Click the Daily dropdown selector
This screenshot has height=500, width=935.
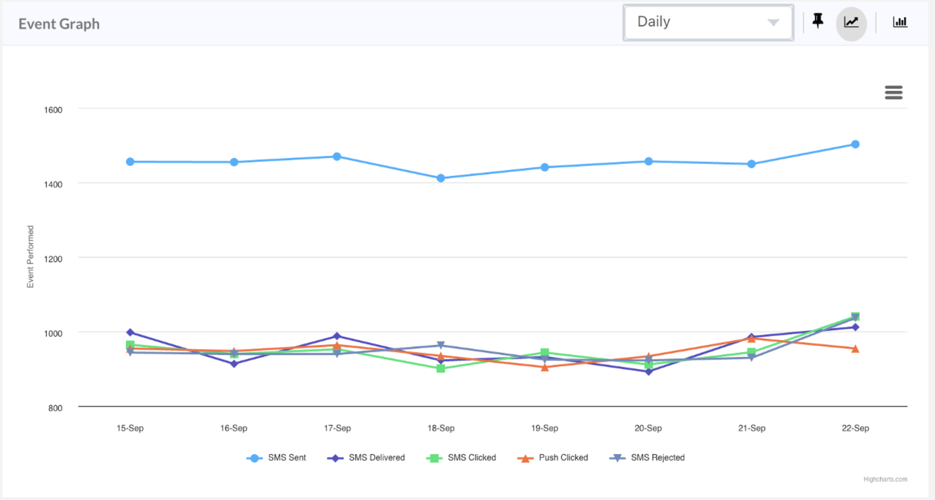708,22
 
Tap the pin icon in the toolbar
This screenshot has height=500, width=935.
818,21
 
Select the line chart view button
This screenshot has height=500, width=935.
851,23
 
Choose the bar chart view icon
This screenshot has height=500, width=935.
900,22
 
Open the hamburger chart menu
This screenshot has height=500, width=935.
893,92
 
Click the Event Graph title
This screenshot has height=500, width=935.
59,24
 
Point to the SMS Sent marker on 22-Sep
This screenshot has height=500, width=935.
855,144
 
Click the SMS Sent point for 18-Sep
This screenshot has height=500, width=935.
441,178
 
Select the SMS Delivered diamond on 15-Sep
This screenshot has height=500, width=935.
130,333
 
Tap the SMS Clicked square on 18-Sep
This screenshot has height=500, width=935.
441,368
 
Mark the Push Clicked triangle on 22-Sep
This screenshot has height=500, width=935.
855,349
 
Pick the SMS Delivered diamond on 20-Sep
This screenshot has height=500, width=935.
649,371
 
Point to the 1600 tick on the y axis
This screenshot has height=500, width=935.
53,110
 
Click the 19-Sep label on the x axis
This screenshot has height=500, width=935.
545,428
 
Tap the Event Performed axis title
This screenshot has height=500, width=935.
31,256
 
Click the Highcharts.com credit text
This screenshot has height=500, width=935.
885,479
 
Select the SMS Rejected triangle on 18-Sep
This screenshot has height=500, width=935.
441,345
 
